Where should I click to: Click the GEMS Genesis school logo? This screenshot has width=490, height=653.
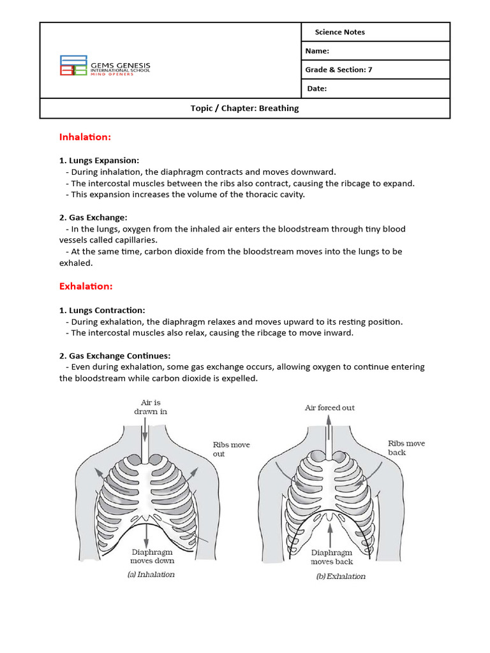coord(105,65)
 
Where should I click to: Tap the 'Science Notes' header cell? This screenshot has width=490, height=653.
coord(339,33)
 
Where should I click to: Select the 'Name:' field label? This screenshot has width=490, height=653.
coord(318,51)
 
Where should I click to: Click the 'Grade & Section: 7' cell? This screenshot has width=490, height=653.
coord(339,70)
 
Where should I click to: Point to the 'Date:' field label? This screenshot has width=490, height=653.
coord(317,89)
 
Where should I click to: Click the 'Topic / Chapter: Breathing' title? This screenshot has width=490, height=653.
coord(244,108)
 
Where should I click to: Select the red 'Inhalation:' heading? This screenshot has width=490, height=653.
coord(85,137)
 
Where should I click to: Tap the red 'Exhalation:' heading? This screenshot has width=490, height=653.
coord(85,287)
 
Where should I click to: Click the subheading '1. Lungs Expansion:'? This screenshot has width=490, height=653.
coord(99,160)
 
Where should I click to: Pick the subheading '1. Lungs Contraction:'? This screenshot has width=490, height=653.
coord(102,310)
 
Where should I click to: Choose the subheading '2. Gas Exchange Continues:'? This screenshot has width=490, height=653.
coord(115,355)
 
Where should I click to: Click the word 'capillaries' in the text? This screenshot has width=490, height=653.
coord(135,240)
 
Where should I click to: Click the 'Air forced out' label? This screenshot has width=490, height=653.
coord(330,407)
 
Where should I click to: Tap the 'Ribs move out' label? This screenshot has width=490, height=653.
coord(231,449)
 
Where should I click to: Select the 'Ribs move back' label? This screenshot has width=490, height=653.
coord(406,448)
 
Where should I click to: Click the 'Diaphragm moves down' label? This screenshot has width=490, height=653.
coord(152,556)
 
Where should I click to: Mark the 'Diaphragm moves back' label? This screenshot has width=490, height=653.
coord(331,557)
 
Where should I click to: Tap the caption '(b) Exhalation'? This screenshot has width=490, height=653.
coord(341,576)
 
